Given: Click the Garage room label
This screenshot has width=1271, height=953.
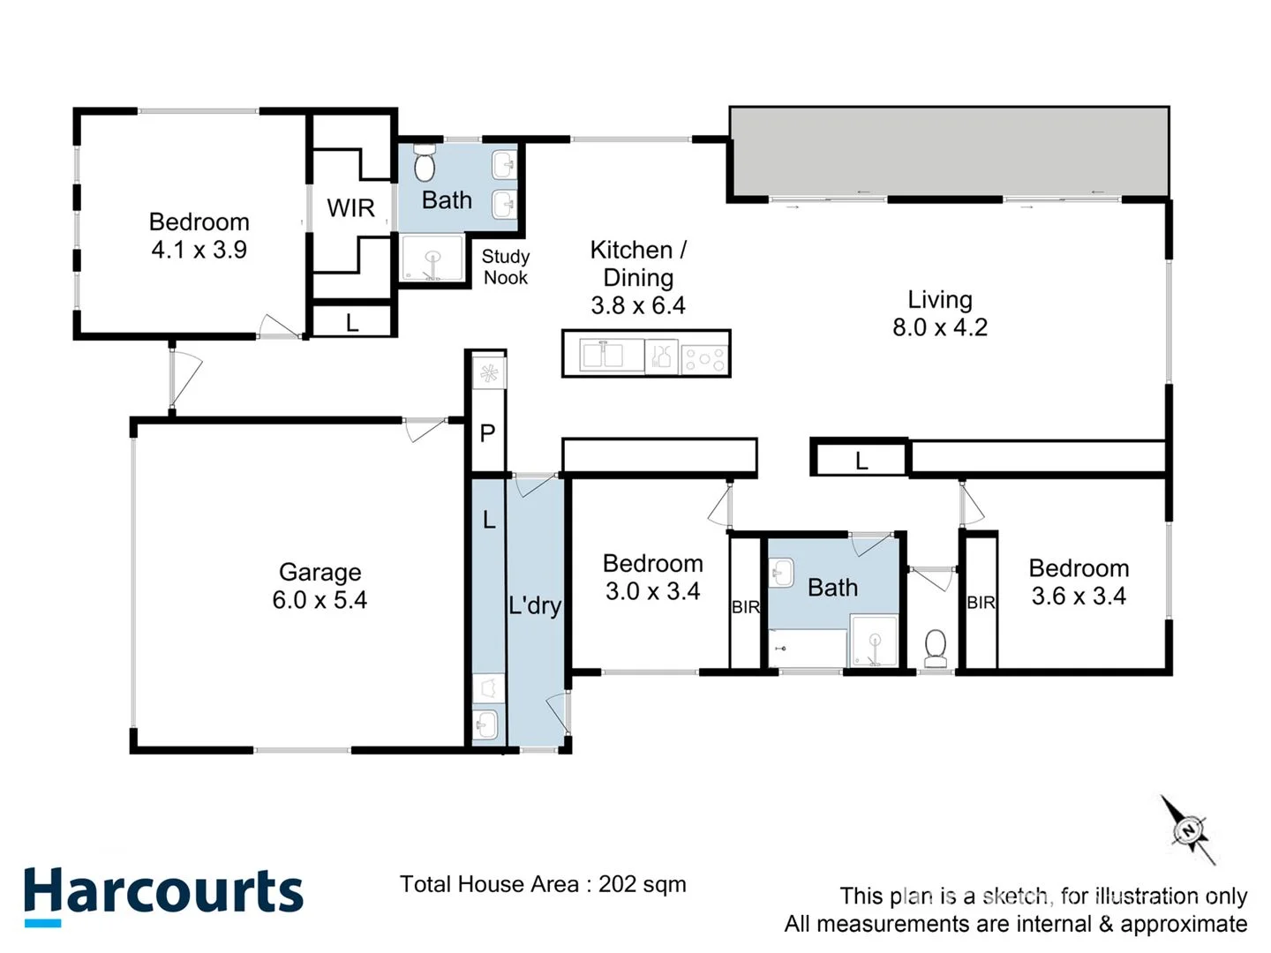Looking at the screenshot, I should [x=320, y=573].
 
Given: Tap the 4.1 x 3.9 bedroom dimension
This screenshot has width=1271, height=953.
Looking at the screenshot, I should [x=199, y=250].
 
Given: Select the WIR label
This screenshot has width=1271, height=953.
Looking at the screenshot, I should [x=350, y=208].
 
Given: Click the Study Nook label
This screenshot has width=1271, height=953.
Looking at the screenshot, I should [x=506, y=266].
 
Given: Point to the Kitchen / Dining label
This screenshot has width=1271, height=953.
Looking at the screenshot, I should [x=638, y=263].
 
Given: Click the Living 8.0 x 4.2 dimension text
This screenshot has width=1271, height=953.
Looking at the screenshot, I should [x=940, y=327].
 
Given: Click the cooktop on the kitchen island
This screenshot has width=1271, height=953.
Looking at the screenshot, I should [x=704, y=357].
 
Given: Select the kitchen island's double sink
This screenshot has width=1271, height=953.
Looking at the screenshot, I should [x=601, y=356].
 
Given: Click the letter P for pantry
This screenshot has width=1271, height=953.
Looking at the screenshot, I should [x=487, y=433].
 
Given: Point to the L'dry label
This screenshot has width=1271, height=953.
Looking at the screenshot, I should [x=535, y=605].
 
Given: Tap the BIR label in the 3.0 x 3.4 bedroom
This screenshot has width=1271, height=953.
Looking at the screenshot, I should [x=746, y=607].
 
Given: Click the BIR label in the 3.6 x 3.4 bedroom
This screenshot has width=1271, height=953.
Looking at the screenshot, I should [x=981, y=603].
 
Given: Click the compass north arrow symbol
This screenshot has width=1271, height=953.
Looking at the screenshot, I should [x=1188, y=829].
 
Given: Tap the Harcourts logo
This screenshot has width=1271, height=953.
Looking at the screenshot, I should [x=163, y=893].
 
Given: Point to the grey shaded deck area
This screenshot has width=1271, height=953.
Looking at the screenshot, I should [x=949, y=151].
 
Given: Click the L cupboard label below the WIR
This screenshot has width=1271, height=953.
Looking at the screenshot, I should [x=352, y=323].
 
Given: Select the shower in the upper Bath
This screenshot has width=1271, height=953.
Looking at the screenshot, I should [x=432, y=259].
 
